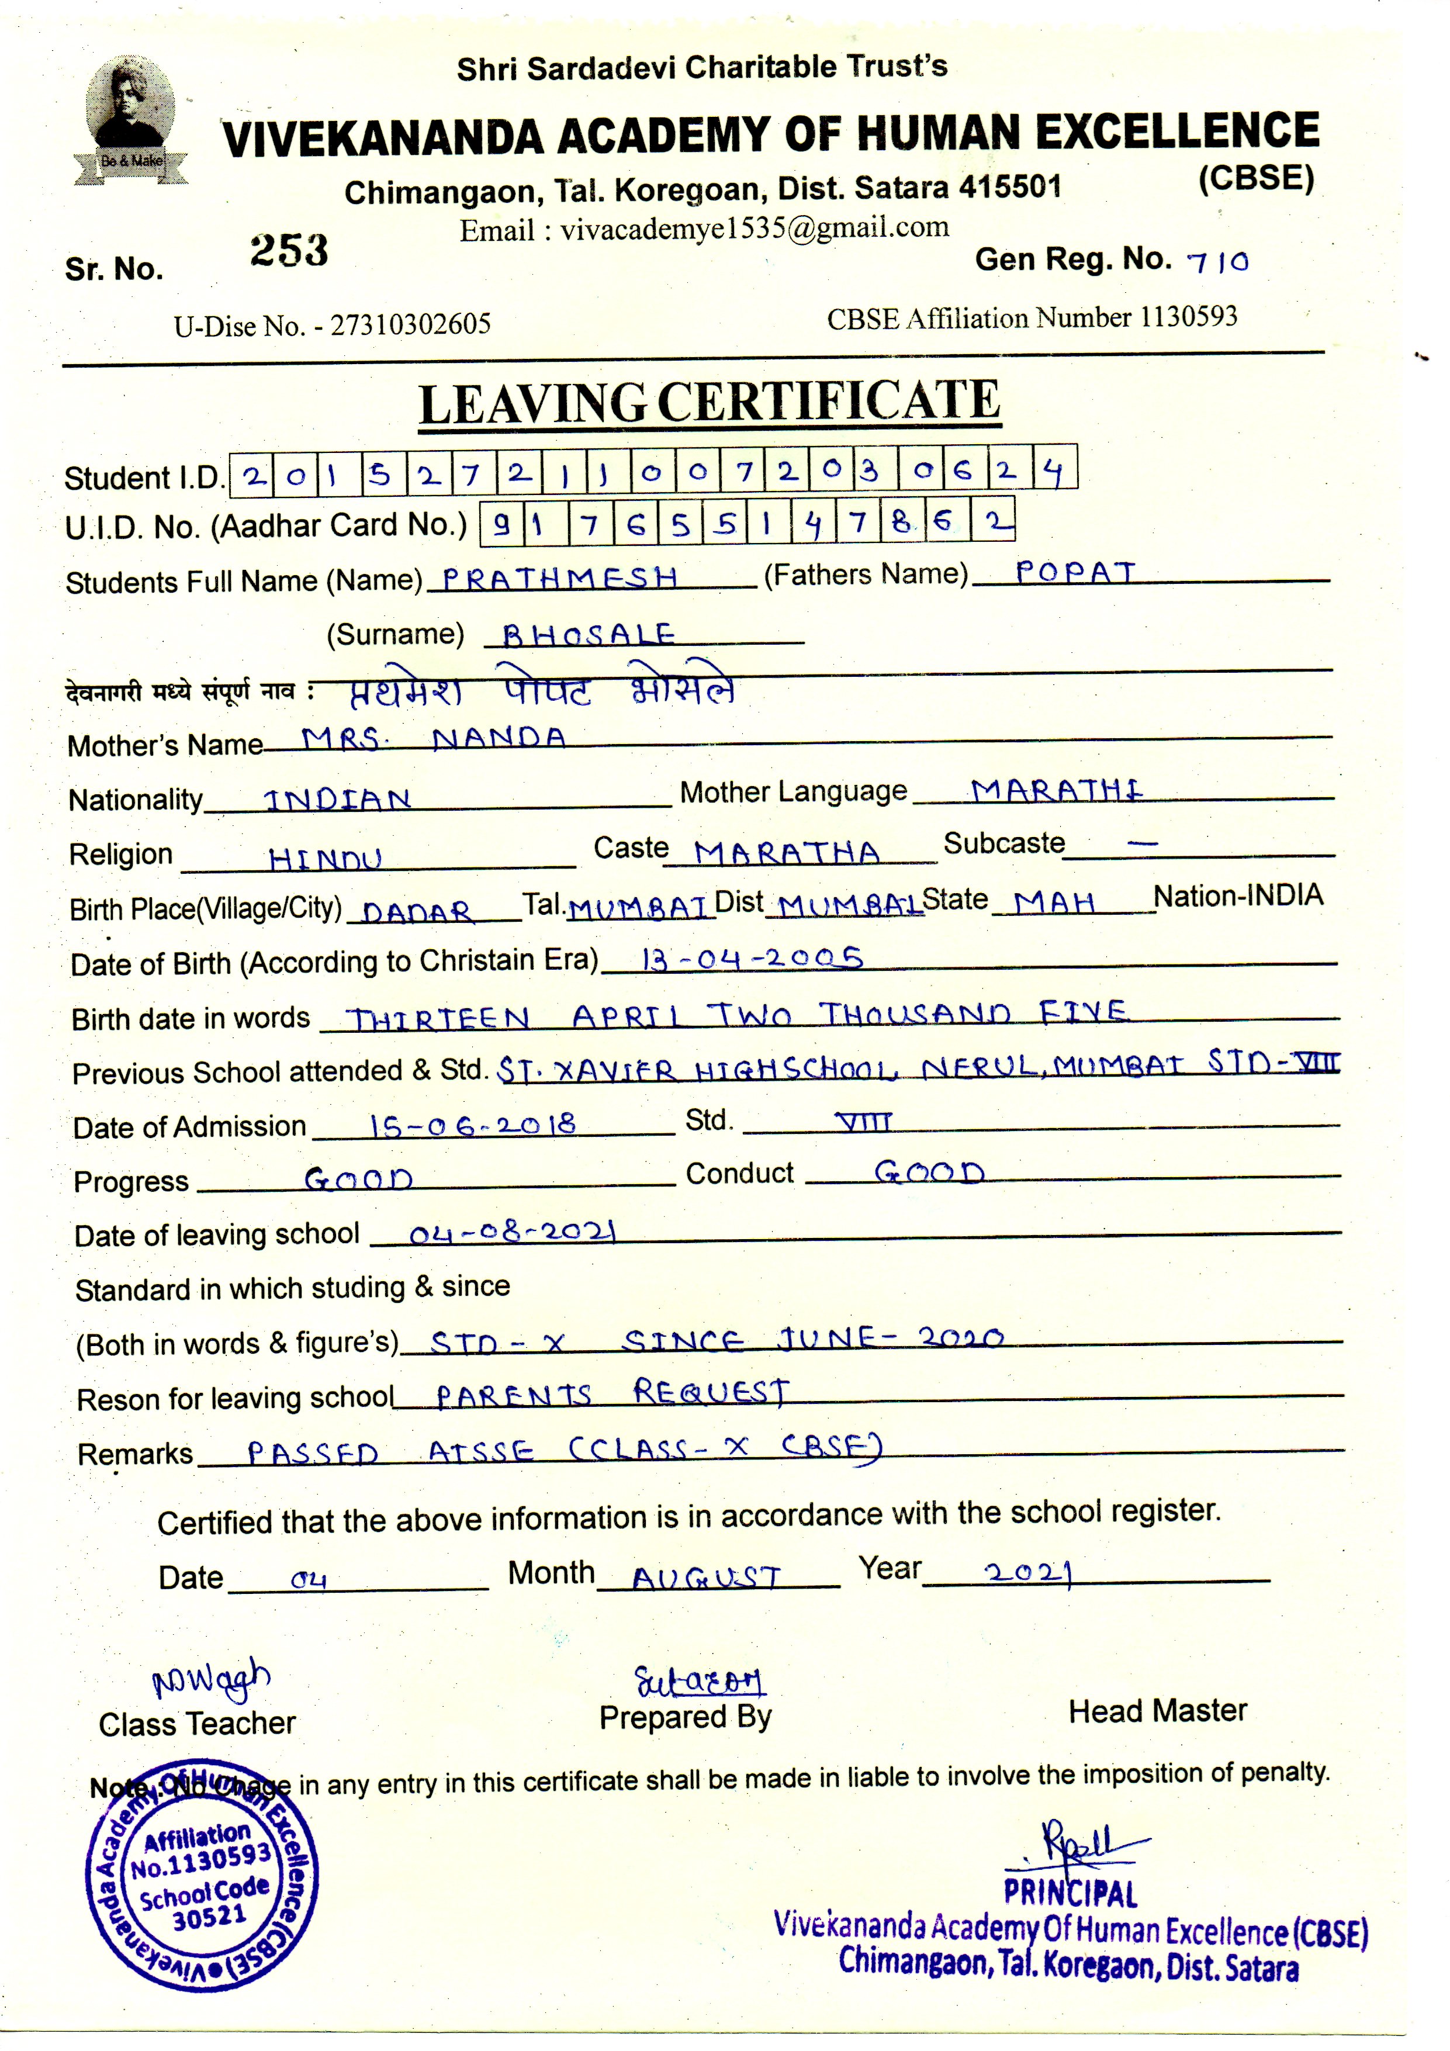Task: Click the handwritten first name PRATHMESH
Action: click(560, 578)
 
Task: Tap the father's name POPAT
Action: click(1075, 573)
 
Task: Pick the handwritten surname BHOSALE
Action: click(588, 635)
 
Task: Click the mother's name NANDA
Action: click(499, 738)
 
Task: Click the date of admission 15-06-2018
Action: click(473, 1125)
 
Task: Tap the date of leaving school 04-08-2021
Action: click(513, 1234)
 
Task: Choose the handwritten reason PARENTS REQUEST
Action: click(612, 1393)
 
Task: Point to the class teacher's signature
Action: click(212, 1680)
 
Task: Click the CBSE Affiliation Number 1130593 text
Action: click(1032, 318)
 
